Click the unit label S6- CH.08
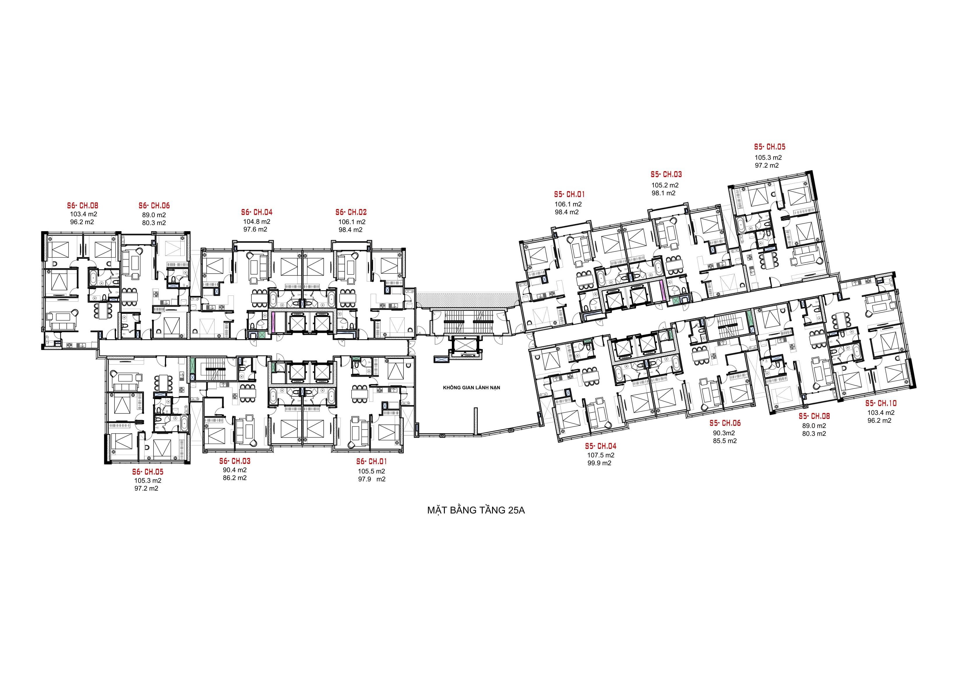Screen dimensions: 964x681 pos(83,206)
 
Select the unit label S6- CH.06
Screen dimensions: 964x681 pos(154,206)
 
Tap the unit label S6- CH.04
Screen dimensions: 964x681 pos(257,213)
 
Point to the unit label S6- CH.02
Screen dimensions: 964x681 pos(351,213)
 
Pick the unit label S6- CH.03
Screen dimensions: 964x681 pos(235,461)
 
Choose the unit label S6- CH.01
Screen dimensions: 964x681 pos(371,461)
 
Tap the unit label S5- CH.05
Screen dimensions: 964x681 pos(770,147)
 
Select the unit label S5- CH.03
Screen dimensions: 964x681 pos(666,175)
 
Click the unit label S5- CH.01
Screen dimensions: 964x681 pos(569,195)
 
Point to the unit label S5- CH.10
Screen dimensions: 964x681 pos(881,404)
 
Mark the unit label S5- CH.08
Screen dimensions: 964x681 pos(814,417)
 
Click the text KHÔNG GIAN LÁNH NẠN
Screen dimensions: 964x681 pos(471,388)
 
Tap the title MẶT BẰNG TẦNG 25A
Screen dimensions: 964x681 pos(476,511)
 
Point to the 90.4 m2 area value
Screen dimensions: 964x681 pos(235,470)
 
